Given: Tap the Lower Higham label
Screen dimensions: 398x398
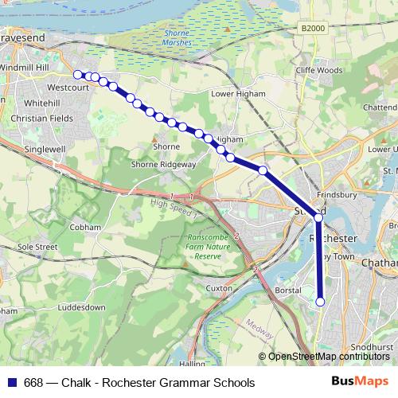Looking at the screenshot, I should click(x=236, y=93).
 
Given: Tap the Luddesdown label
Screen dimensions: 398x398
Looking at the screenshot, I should click(x=82, y=306).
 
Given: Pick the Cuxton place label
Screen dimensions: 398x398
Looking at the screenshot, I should click(x=217, y=287).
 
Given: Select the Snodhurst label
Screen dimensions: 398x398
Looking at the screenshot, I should click(x=373, y=348).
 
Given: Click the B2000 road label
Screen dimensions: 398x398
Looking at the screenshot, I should click(x=314, y=28).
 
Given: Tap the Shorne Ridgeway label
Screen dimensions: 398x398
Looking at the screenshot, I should click(x=165, y=164).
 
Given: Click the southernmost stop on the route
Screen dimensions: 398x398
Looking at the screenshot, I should click(x=321, y=302).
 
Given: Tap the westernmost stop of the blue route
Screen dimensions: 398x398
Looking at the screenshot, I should click(x=78, y=75).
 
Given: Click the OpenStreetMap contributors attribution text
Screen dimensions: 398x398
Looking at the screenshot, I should click(x=326, y=357).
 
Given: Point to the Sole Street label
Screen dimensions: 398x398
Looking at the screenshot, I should click(x=38, y=248).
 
